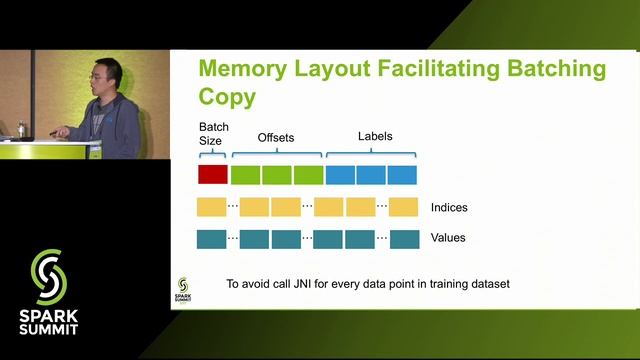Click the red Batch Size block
pos(213,174)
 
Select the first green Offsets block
pos(245,174)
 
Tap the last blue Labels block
pos(402,174)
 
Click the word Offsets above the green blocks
pos(277,136)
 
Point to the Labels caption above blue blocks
pos(375,136)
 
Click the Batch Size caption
pos(213,134)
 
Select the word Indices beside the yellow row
pos(449,208)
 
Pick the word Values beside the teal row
pos(448,238)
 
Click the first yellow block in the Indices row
pos(212,208)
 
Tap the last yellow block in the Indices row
pos(403,208)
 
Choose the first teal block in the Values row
pos(212,239)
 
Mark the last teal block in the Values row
pos(404,239)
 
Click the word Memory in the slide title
pos(248,69)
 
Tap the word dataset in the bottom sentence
pos(489,284)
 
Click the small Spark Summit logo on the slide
pos(183,287)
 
